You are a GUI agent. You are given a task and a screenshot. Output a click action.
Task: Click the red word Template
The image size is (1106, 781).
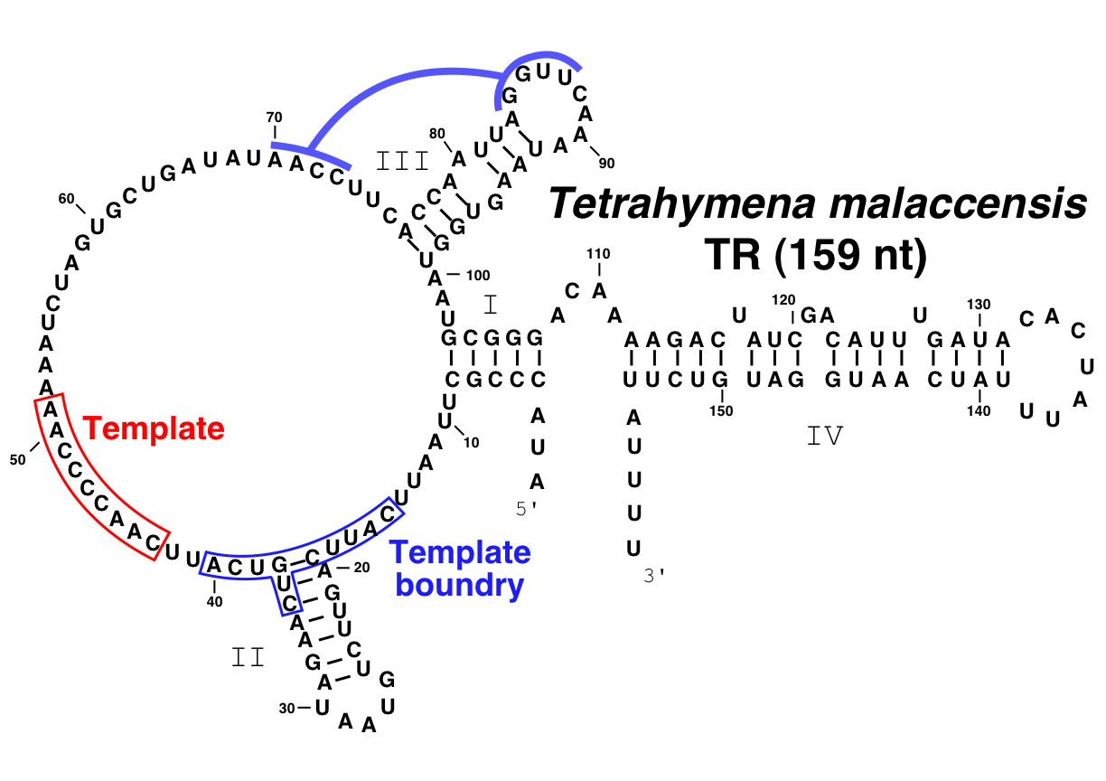click(x=154, y=428)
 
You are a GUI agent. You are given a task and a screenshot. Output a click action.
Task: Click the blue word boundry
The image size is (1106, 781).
click(x=460, y=586)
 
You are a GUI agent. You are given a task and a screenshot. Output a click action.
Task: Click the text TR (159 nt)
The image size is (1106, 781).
click(x=817, y=256)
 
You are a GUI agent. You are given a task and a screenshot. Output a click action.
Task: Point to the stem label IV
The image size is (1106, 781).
click(x=824, y=437)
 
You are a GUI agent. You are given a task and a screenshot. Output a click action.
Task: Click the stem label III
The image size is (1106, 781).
click(x=403, y=161)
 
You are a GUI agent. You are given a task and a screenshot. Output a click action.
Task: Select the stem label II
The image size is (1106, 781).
click(x=248, y=657)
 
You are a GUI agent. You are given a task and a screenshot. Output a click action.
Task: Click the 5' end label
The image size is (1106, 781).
click(x=527, y=509)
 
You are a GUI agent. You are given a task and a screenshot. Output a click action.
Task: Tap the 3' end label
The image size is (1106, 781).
click(x=654, y=576)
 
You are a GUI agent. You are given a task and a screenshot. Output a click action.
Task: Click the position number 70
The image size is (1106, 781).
click(x=275, y=117)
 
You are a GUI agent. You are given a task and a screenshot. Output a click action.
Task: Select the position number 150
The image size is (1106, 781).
click(x=721, y=410)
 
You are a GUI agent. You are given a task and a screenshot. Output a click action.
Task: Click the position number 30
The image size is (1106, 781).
click(x=287, y=708)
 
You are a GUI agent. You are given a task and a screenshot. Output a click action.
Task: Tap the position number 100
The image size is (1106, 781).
click(x=478, y=275)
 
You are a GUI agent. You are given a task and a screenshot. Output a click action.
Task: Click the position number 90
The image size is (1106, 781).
click(x=605, y=163)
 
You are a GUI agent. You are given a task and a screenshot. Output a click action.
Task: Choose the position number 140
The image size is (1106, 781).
click(x=979, y=410)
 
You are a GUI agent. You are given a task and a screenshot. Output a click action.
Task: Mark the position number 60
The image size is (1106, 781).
click(x=66, y=199)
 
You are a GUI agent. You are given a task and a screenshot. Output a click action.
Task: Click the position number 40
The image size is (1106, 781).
click(x=214, y=600)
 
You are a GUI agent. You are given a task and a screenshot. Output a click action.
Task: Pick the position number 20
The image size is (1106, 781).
click(x=361, y=568)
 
